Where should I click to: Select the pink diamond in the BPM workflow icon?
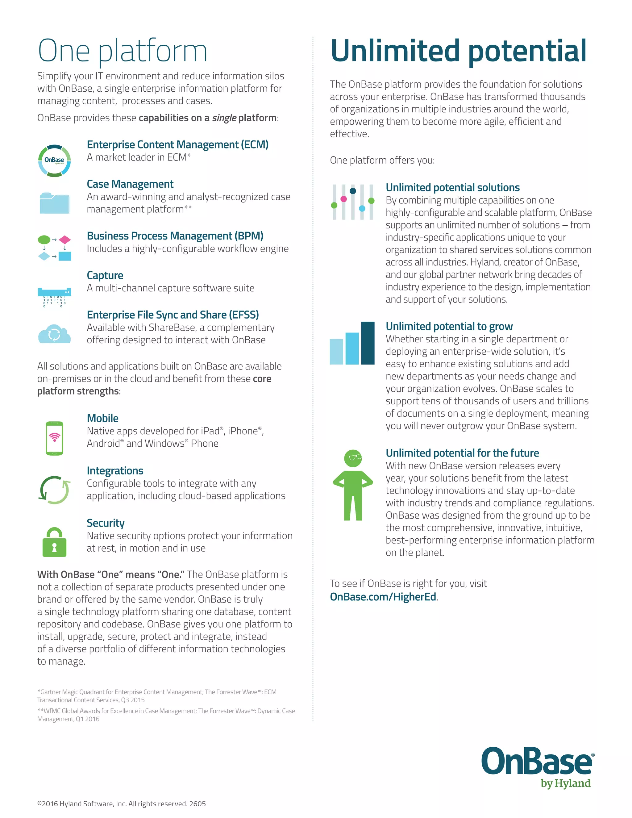65,239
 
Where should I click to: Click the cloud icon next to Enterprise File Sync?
54,334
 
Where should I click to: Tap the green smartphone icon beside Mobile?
54,438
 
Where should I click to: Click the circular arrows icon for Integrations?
54,490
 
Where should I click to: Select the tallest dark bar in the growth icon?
368,343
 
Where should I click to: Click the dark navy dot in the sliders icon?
353,191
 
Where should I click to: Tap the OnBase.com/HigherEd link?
383,597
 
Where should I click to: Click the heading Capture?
105,275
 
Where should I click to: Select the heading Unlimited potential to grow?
449,326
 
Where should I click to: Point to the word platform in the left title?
153,52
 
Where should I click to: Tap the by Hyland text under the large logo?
565,783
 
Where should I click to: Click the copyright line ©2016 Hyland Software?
121,804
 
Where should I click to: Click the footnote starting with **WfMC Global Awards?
165,715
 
